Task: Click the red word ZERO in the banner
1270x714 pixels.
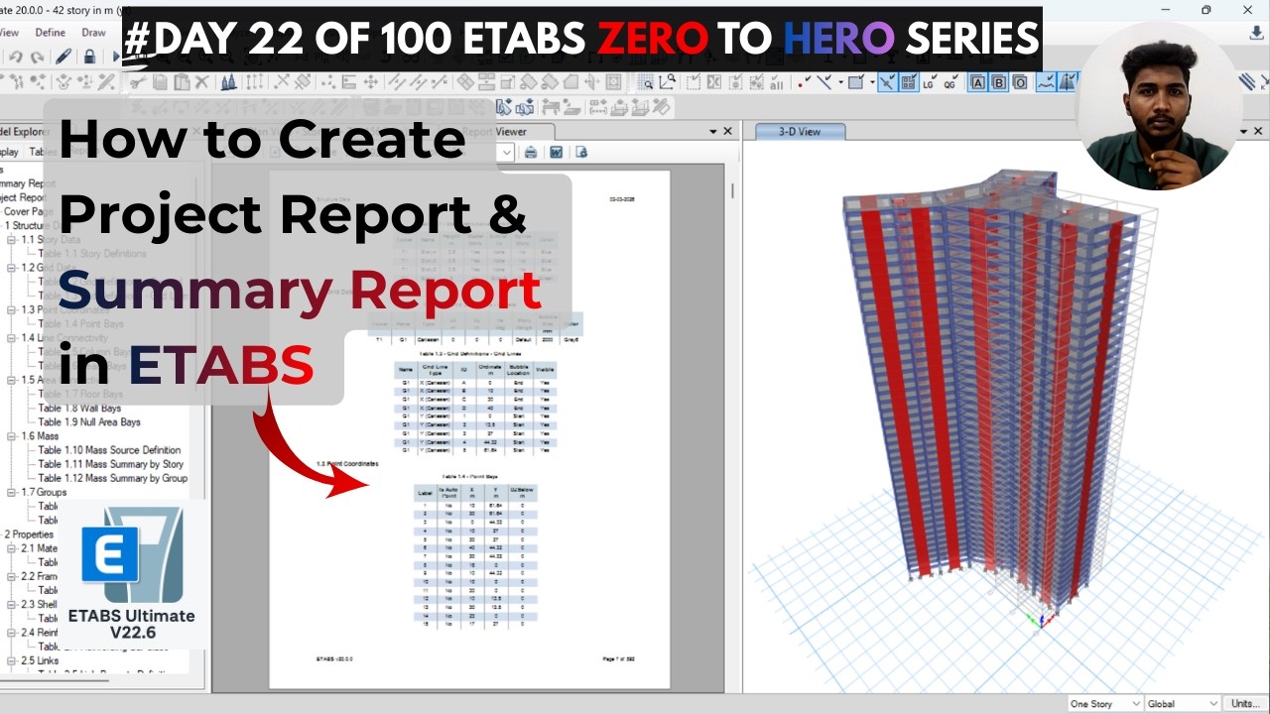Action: (653, 39)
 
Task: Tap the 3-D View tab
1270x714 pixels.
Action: (800, 131)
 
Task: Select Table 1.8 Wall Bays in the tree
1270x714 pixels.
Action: (79, 409)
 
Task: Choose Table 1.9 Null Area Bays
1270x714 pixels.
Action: (89, 422)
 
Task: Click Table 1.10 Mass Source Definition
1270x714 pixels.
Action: (109, 450)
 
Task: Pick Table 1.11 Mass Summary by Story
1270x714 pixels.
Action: (110, 464)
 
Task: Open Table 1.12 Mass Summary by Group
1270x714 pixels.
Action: (112, 478)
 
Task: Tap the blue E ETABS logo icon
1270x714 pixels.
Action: (110, 553)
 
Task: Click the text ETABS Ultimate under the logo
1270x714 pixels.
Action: (131, 616)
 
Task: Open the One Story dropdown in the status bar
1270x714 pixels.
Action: (1104, 704)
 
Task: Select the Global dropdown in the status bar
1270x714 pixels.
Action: (1182, 704)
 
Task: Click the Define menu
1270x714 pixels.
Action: (50, 33)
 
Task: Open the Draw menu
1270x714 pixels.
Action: (93, 33)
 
